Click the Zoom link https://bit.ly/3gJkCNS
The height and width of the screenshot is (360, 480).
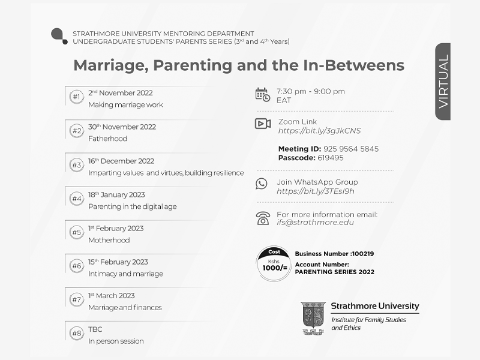pyautogui.click(x=319, y=131)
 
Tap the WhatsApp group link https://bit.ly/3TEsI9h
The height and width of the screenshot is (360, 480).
pyautogui.click(x=315, y=191)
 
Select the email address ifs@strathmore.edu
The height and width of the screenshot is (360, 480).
pyautogui.click(x=315, y=223)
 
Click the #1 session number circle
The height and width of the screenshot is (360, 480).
pyautogui.click(x=76, y=97)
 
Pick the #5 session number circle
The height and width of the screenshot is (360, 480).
pyautogui.click(x=76, y=232)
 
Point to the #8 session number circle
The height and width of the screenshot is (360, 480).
pyautogui.click(x=76, y=333)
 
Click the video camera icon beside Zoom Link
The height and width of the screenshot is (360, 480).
pyautogui.click(x=263, y=124)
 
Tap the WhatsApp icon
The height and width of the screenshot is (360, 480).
pyautogui.click(x=262, y=184)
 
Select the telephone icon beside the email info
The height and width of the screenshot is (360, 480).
pyautogui.click(x=263, y=218)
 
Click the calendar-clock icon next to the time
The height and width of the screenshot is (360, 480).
pyautogui.click(x=262, y=94)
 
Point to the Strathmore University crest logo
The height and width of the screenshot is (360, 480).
pyautogui.click(x=313, y=318)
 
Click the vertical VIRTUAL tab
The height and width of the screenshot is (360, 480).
pyautogui.click(x=443, y=82)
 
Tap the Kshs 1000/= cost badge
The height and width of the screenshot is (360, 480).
pyautogui.click(x=274, y=263)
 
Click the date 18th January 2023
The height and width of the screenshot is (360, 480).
pyautogui.click(x=116, y=194)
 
